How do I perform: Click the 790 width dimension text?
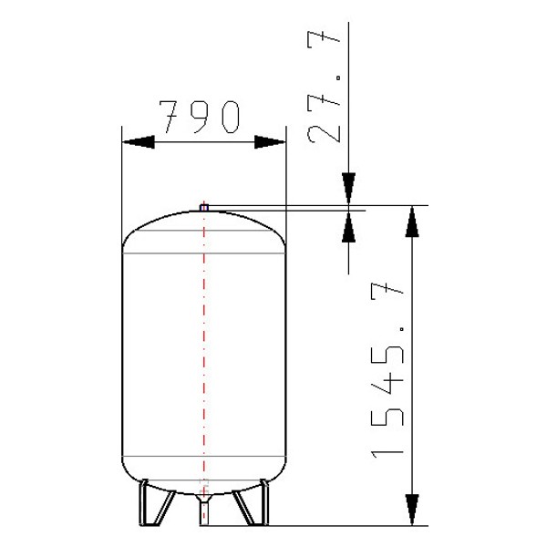(200, 117)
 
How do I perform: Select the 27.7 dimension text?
(324, 88)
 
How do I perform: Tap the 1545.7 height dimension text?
(387, 372)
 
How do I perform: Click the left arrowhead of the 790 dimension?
(139, 142)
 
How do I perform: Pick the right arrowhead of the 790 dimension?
(270, 142)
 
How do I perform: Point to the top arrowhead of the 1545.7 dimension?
(412, 222)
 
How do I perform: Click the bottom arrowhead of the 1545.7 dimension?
(412, 510)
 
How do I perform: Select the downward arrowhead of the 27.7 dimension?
(348, 189)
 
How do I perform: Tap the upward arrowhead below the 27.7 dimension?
(348, 227)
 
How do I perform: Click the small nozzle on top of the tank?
(204, 208)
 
